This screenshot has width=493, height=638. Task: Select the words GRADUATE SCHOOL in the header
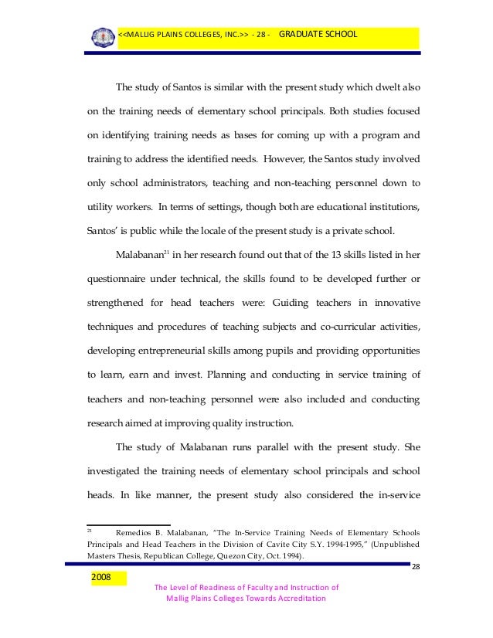click(318, 35)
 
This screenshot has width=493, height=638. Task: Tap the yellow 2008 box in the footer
click(102, 577)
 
